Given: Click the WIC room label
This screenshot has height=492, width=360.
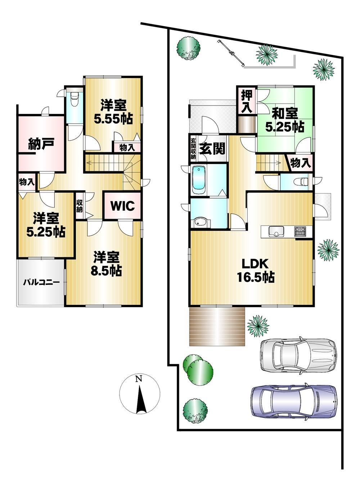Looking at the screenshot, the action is click(122, 206).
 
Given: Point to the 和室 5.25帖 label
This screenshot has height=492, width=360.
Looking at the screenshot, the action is click(285, 120).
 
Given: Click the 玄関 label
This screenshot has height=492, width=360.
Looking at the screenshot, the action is click(212, 149).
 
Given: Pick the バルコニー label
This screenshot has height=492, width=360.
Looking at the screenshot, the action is click(42, 282).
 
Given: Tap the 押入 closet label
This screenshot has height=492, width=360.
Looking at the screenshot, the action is click(247, 101).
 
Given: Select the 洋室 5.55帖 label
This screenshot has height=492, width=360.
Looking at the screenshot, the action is click(113, 112).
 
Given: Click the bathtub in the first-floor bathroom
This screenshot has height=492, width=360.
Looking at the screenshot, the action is click(199, 180).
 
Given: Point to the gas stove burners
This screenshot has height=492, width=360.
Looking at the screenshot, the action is click(300, 231).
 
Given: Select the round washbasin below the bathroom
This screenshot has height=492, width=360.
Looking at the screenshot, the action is click(201, 223).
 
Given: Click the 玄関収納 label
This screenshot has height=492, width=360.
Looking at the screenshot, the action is click(193, 149).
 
